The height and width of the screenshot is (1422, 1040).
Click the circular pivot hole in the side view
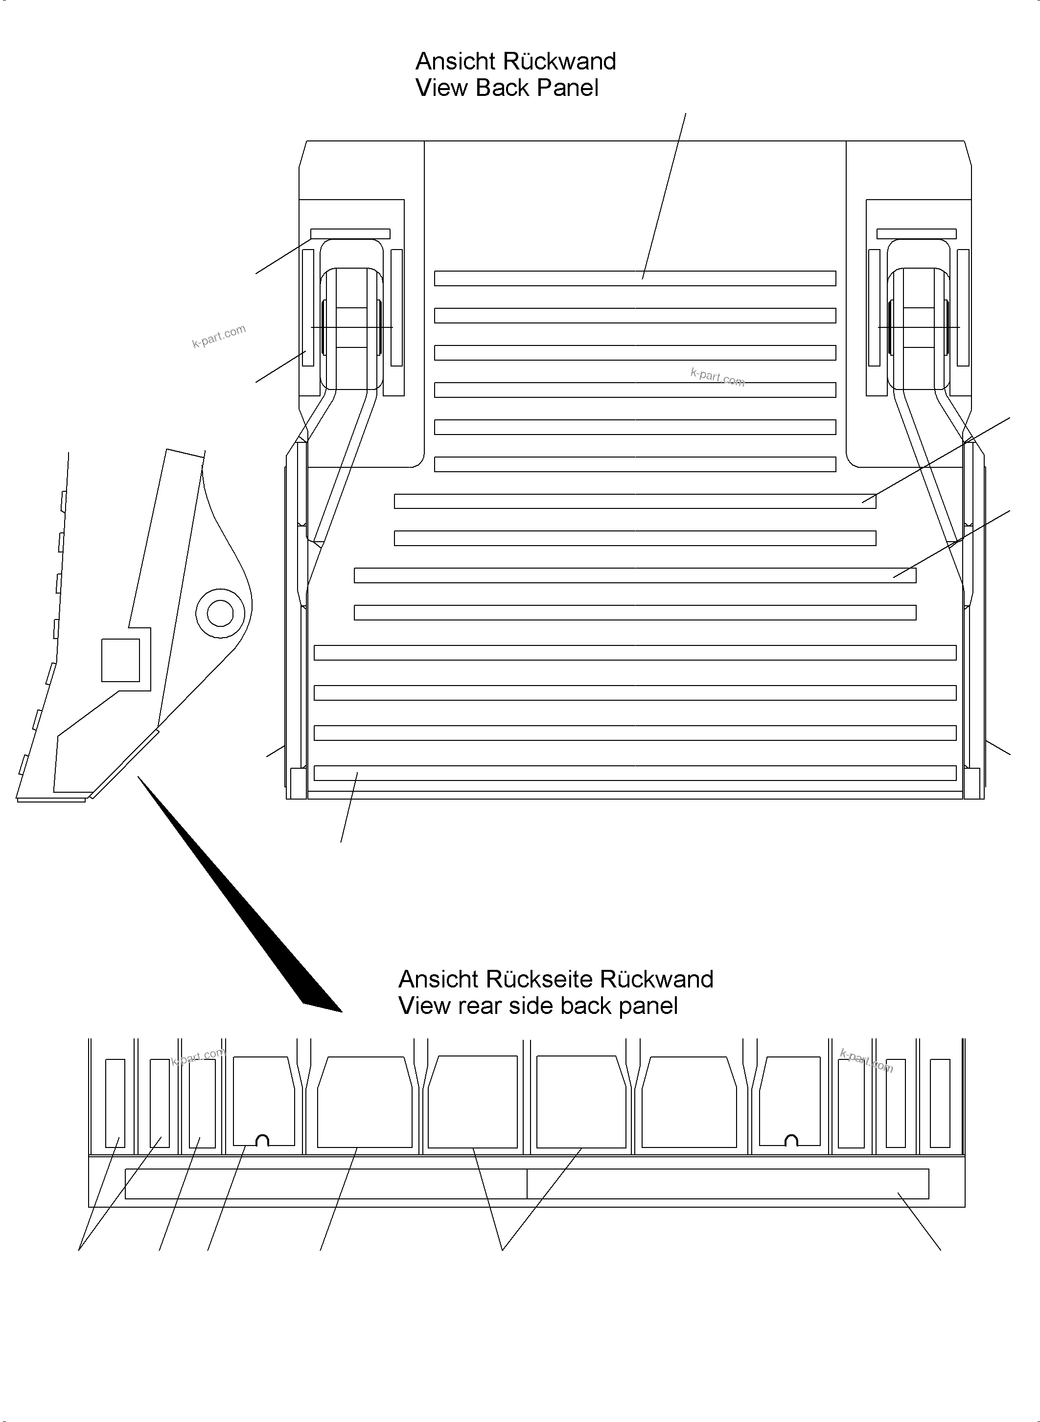coord(220,613)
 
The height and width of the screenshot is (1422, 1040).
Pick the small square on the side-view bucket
coord(120,660)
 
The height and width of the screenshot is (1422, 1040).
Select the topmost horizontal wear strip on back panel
coord(635,278)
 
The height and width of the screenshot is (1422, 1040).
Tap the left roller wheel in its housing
coord(351,327)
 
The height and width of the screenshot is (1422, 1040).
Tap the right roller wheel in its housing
coord(919,327)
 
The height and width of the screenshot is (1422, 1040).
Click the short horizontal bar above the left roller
coord(350,233)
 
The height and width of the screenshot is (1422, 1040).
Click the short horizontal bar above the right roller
coord(916,233)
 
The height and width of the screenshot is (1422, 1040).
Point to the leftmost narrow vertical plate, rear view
coord(115,1103)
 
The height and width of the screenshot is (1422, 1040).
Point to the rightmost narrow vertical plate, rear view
coord(939,1103)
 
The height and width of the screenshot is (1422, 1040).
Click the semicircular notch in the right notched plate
coord(792,1140)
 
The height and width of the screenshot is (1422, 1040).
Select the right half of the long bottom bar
coord(727,1183)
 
